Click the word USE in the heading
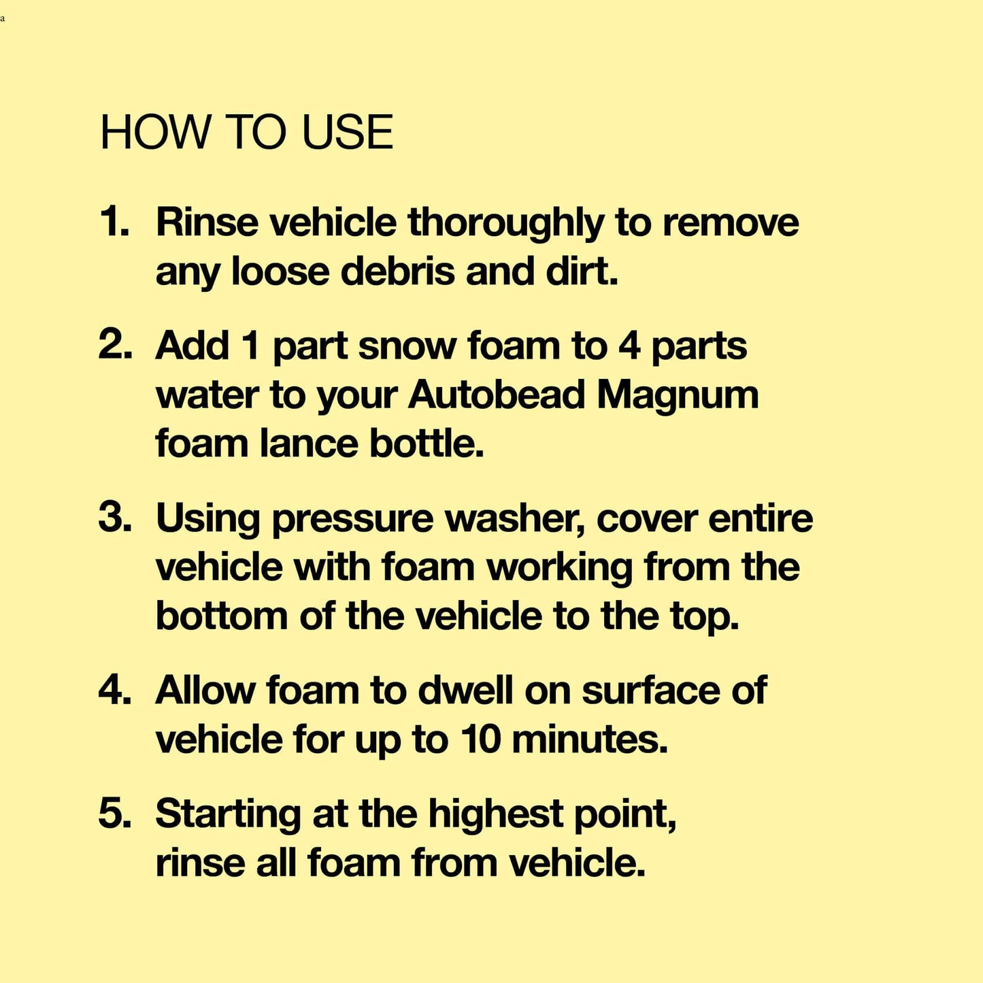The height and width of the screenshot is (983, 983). click(x=348, y=132)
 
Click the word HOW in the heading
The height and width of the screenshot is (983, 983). click(x=155, y=132)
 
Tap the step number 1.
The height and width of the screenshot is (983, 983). click(x=113, y=222)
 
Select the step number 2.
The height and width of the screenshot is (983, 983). click(x=115, y=346)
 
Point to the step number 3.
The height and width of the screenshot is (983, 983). click(x=115, y=517)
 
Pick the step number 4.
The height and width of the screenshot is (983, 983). click(x=115, y=690)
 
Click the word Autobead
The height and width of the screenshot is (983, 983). click(x=497, y=395)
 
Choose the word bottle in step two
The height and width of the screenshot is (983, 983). click(x=427, y=444)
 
